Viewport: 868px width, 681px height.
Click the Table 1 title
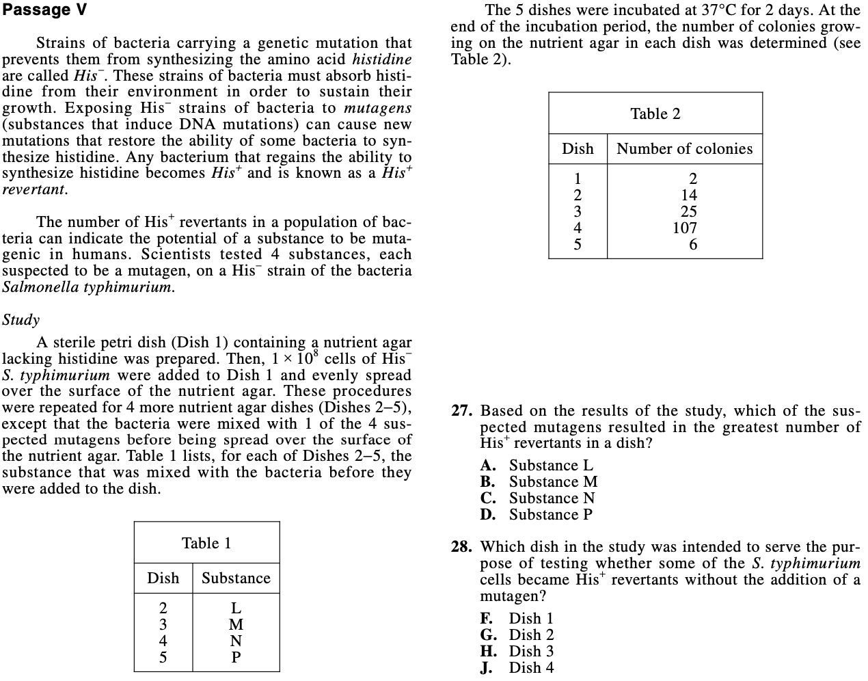coord(206,544)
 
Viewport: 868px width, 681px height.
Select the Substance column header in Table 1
coord(236,578)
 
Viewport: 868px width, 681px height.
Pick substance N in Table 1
coord(236,641)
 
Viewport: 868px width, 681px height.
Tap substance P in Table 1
coord(236,658)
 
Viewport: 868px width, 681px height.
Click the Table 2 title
coord(655,114)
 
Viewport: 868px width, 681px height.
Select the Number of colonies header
coord(684,149)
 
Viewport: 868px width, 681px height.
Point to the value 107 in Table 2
coord(685,228)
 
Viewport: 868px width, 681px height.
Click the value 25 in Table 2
coord(689,212)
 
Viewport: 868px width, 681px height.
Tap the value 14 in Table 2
coord(689,196)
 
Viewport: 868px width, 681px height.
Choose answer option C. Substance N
coord(537,498)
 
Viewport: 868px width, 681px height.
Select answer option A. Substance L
coord(537,466)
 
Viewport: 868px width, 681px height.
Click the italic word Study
coord(21,320)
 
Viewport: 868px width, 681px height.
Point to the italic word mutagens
coord(377,108)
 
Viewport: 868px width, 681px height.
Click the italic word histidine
coord(382,59)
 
